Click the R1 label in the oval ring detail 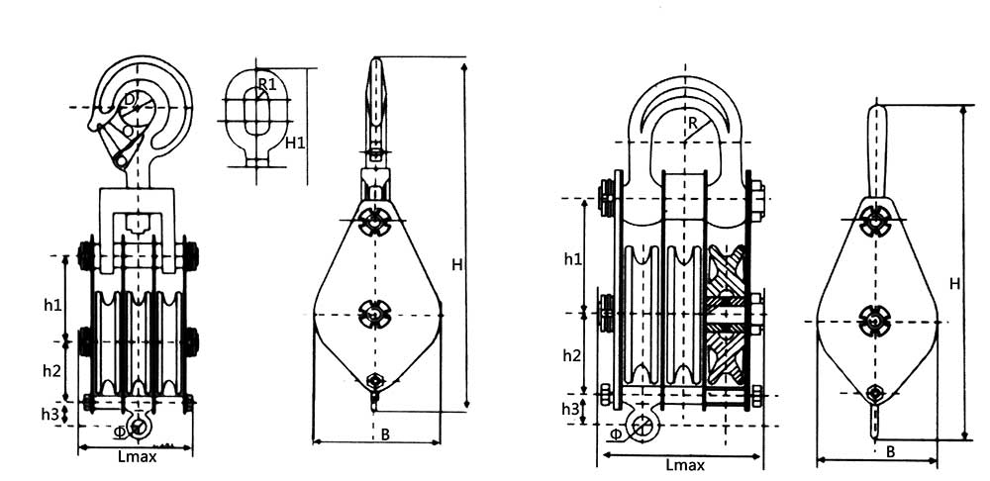point(266,84)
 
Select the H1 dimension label point(295,144)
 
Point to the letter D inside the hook point(131,100)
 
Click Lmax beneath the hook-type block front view point(136,457)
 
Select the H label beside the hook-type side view point(457,264)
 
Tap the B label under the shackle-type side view point(890,451)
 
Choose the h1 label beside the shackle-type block point(572,259)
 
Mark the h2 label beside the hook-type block point(52,369)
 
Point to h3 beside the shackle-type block point(570,409)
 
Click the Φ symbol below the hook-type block point(120,431)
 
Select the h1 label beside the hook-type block point(52,303)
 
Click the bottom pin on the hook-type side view point(375,382)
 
